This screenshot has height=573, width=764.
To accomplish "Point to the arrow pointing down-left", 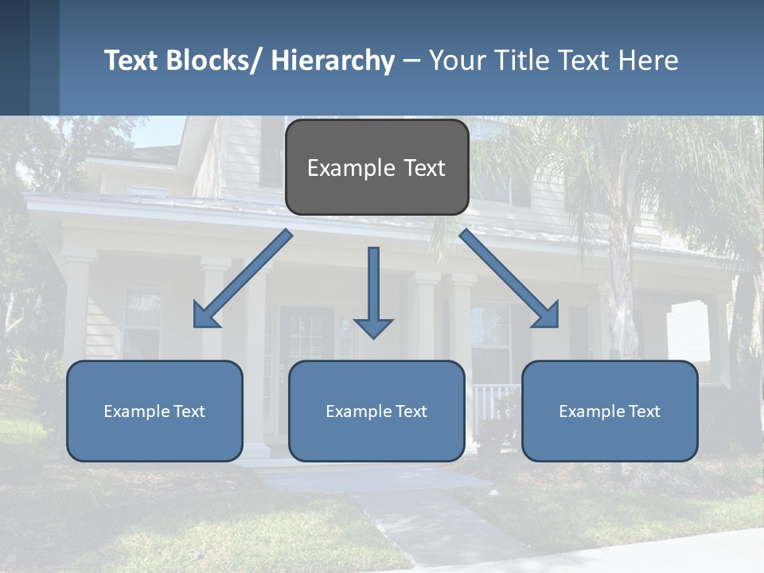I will [243, 279].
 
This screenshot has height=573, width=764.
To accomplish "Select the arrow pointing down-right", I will [509, 279].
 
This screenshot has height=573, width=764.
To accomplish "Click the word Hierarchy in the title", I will [333, 60].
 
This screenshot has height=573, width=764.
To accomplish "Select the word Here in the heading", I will [649, 60].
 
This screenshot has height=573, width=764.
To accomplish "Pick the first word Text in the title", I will [132, 60].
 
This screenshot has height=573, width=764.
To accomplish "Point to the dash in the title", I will [411, 60].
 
